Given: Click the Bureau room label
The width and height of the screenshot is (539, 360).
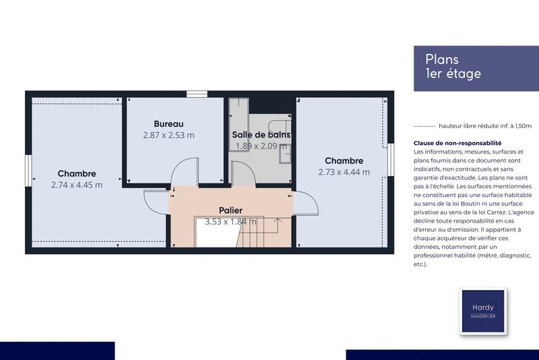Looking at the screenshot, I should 168,123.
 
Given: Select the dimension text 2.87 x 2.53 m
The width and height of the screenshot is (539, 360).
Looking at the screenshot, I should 168,135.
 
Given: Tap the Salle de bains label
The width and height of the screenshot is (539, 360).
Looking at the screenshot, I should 261,135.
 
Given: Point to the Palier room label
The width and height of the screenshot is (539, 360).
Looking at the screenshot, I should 230,210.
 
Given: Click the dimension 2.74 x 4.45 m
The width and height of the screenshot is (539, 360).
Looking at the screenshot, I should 77,185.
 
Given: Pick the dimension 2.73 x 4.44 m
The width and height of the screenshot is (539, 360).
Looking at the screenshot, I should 344,172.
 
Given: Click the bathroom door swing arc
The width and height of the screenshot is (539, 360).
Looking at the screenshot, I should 243,173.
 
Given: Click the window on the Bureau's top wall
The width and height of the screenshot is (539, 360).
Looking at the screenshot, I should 196,94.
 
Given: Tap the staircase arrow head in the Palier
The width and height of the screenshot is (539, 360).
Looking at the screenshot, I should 278,220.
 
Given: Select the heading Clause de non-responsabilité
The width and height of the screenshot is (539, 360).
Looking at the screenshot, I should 457,143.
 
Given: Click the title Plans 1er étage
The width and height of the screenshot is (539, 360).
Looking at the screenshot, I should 453,67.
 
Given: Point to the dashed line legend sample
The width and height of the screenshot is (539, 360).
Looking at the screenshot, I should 424,126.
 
